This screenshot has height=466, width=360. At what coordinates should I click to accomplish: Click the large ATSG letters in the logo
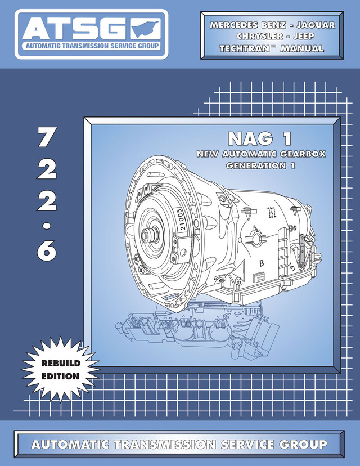tap(73, 28)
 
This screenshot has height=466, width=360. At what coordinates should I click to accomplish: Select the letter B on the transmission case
tap(261, 263)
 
